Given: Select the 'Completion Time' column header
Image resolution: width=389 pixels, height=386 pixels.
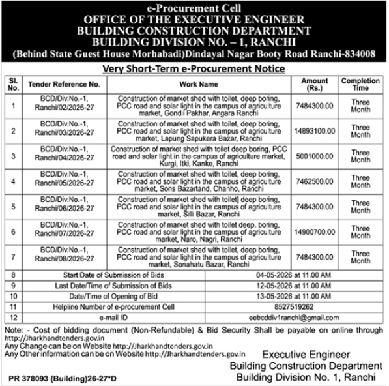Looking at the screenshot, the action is click(x=360, y=84).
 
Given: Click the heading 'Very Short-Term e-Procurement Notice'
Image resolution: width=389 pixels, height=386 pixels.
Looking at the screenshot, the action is click(x=194, y=68).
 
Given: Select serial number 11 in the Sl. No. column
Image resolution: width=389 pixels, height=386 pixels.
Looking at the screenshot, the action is click(x=14, y=306).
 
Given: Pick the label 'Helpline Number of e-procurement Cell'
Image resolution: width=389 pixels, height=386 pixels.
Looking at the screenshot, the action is click(x=113, y=306).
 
